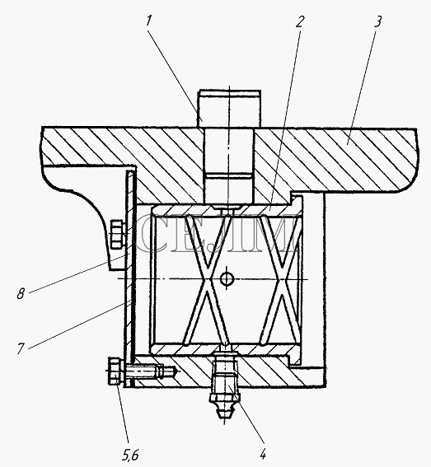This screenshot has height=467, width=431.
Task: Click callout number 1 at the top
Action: pos(148,21)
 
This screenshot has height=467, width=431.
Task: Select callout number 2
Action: pos(300,21)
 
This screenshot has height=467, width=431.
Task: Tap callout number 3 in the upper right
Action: pos(377,21)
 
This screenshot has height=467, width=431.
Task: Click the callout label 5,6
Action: pos(130,455)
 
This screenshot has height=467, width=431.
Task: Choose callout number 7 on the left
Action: pos(21,348)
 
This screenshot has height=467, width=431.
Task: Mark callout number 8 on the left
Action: pos(21,294)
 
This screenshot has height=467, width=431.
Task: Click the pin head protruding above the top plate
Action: pos(228,109)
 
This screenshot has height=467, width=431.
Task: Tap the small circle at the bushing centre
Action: pos(227,278)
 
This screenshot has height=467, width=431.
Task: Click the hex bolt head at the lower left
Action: pos(115,371)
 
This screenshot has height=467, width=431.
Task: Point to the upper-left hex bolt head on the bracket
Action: pos(116,234)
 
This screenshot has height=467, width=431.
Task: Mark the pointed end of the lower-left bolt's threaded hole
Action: pos(178,371)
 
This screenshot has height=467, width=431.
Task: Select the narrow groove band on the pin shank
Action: pos(228,175)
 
